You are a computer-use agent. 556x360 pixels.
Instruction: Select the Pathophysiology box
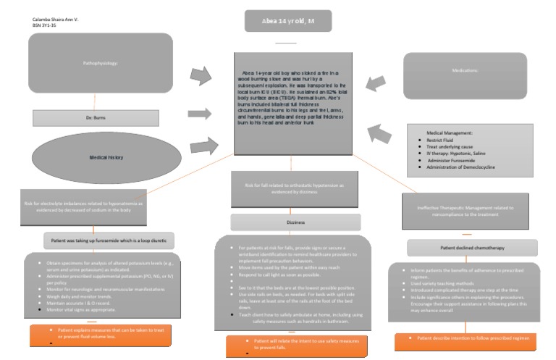coord(100,63)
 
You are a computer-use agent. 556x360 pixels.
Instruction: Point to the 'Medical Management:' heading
coord(452,133)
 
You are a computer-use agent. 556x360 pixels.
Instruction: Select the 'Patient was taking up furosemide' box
coord(109,239)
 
